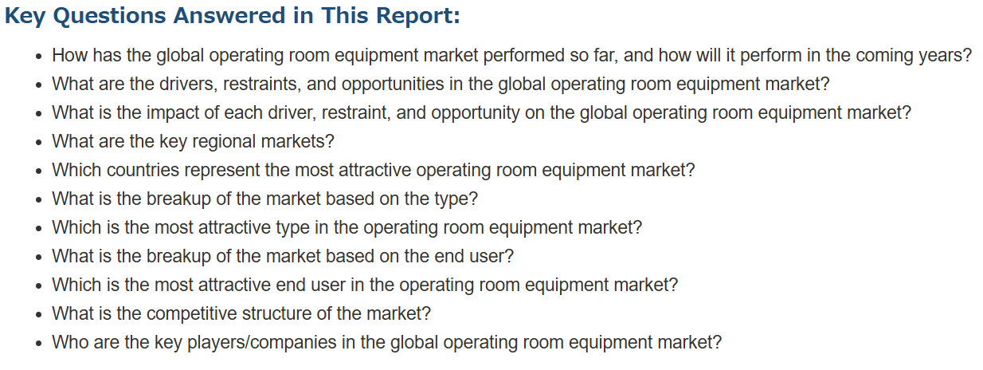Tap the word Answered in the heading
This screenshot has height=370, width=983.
click(229, 15)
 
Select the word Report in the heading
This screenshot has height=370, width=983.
click(417, 16)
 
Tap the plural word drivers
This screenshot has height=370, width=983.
click(188, 84)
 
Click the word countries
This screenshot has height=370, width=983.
click(143, 170)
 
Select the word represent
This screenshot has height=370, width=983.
click(222, 171)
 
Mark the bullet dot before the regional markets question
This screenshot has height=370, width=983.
click(39, 143)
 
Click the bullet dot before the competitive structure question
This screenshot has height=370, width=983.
click(39, 315)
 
